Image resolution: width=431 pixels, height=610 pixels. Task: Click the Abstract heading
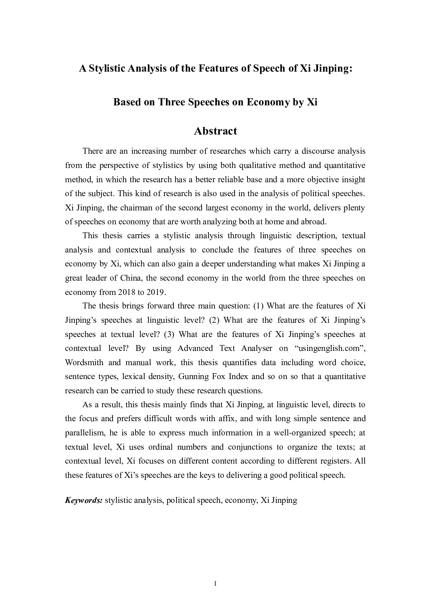click(215, 131)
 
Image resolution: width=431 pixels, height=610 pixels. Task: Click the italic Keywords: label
click(83, 500)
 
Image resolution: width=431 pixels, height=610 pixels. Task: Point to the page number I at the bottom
click(215, 584)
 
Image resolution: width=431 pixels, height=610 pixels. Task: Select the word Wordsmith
click(84, 362)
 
